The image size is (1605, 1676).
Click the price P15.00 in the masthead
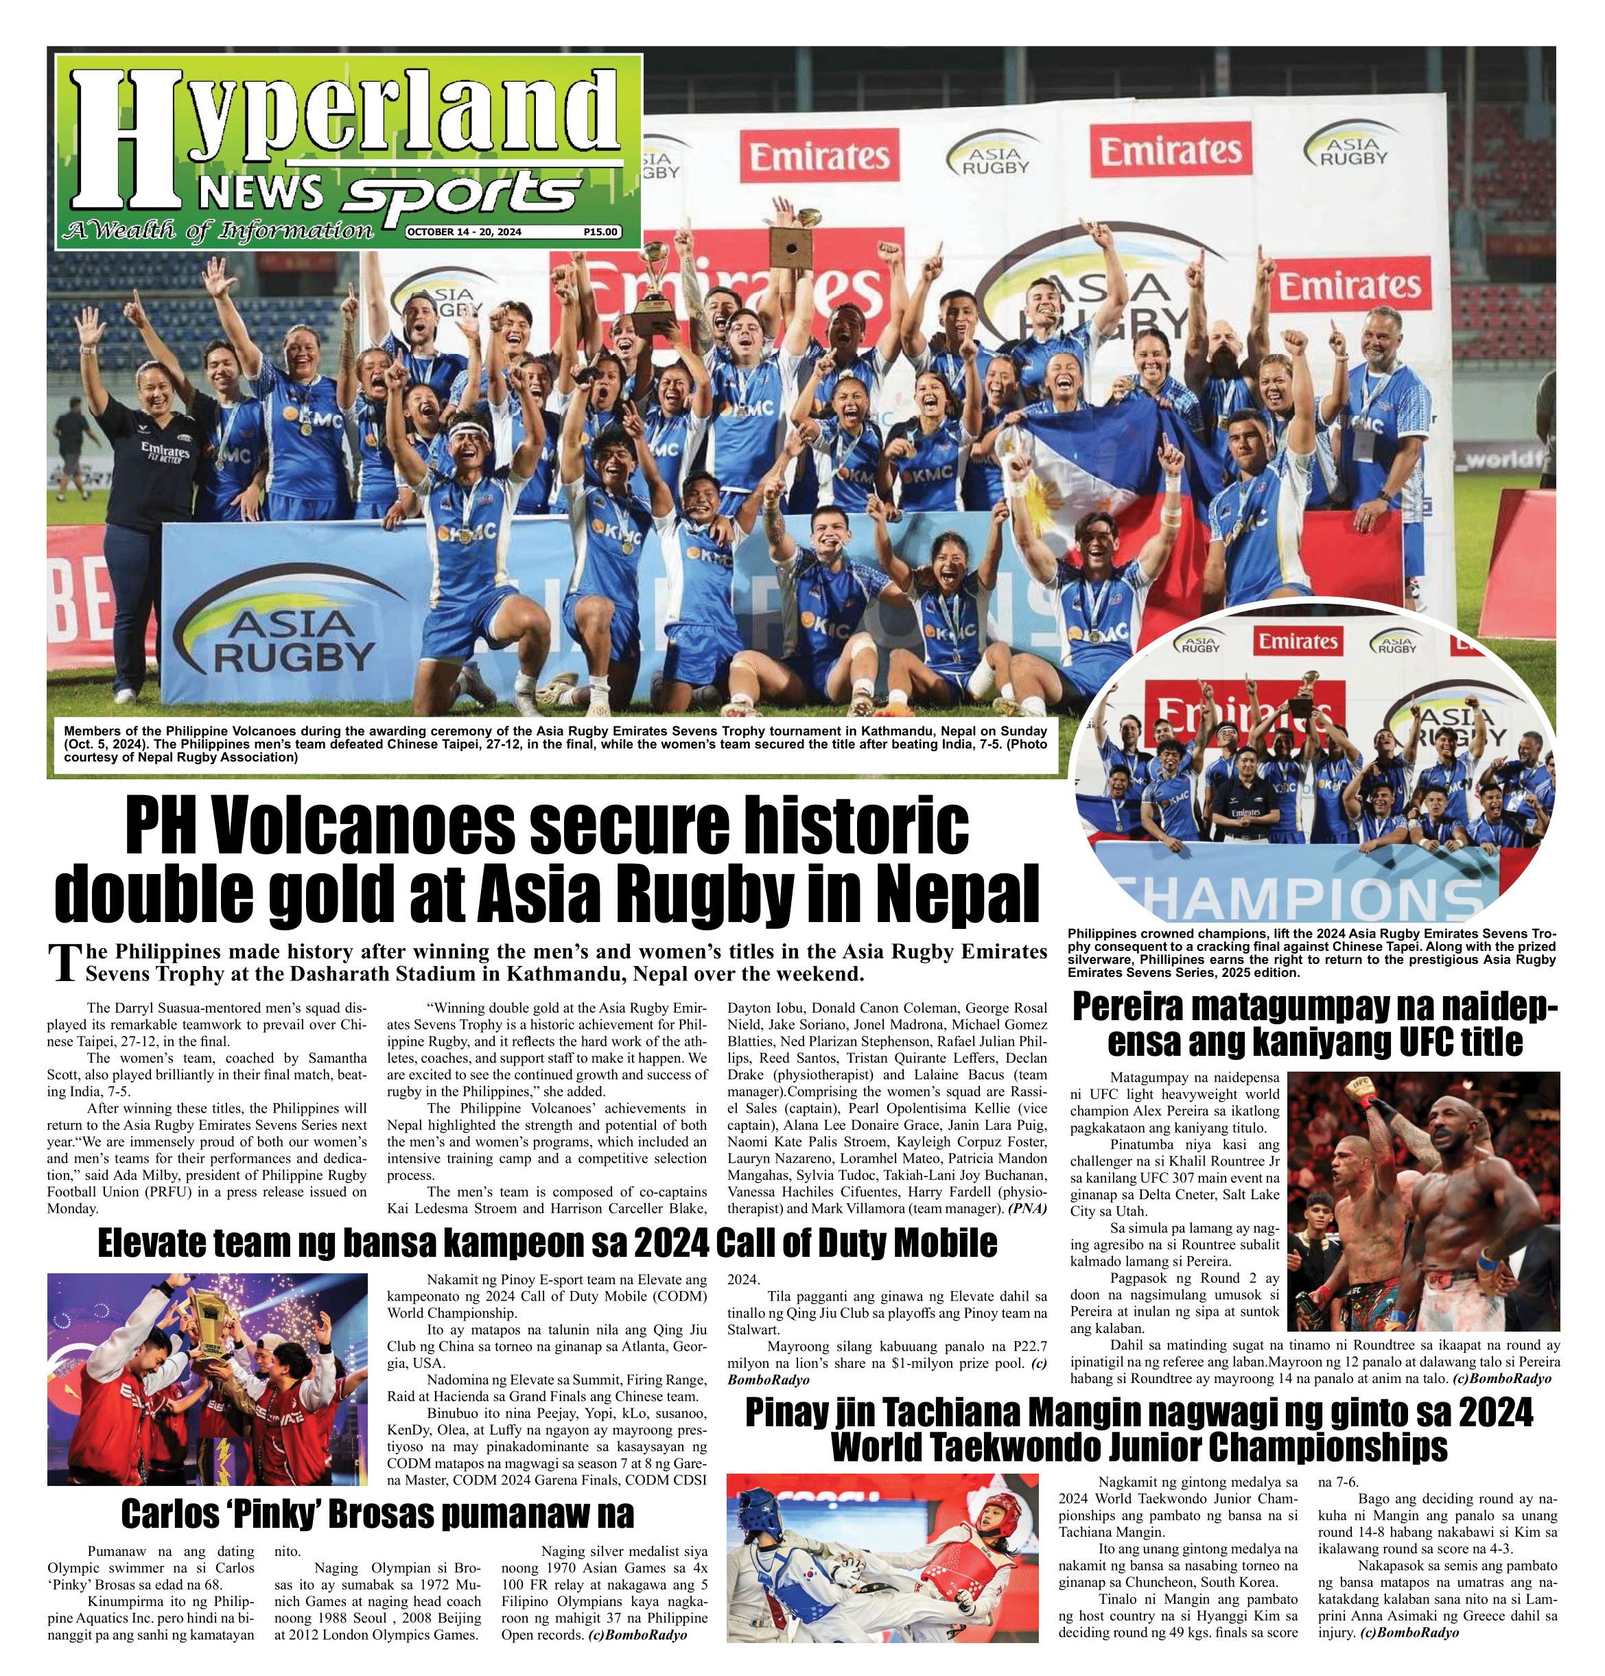coord(600,232)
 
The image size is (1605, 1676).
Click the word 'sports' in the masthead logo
coord(460,193)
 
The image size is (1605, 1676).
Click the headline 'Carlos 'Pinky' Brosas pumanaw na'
coord(377,1513)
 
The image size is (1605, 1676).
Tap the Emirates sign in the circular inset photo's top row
coord(1297,641)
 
